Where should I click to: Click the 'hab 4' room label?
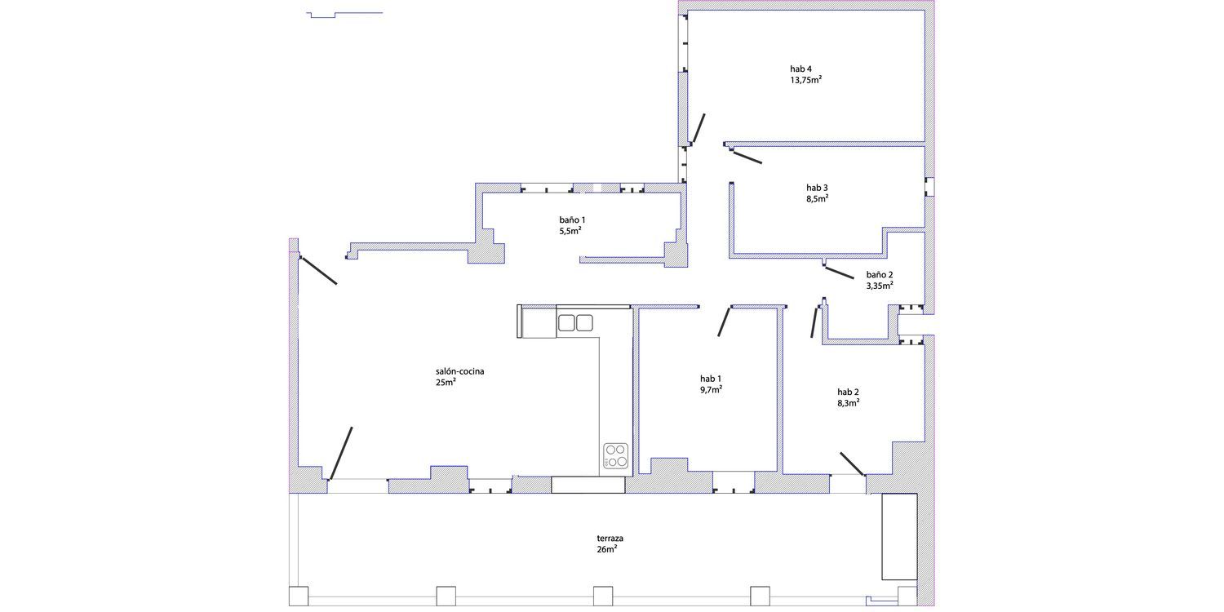800,69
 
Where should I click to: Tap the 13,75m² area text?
806,80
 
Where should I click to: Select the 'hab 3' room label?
817,188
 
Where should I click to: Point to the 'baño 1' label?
572,220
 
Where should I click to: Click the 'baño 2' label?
879,274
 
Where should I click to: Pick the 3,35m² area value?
879,286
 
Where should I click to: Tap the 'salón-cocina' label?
459,371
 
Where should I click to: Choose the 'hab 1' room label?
711,379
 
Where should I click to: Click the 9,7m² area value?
711,389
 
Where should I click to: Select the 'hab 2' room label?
848,392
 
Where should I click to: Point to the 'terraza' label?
610,539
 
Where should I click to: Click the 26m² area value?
606,549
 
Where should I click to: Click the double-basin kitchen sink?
574,323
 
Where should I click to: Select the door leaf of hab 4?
698,128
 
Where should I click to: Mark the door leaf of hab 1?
724,322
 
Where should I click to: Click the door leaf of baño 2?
840,273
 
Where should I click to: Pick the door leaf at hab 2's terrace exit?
852,464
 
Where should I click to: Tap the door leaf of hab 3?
747,158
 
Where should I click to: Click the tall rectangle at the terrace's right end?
899,537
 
